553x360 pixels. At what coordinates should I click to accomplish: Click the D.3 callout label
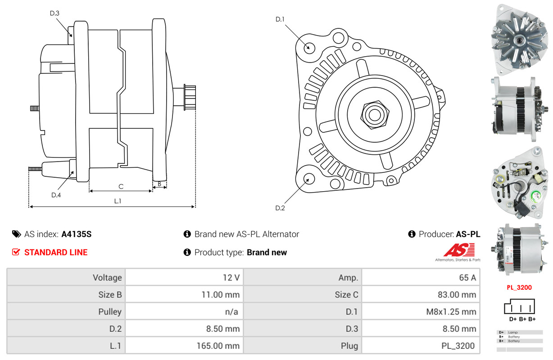tap(54, 13)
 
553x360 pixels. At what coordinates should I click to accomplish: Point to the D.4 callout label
tap(56, 195)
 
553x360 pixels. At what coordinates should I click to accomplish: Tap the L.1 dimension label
tap(118, 201)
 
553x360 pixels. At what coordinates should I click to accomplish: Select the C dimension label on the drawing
tap(121, 187)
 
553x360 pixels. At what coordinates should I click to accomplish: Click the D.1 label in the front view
tap(280, 19)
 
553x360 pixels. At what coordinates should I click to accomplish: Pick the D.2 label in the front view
tap(280, 208)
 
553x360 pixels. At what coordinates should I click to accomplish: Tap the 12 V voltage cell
tap(231, 278)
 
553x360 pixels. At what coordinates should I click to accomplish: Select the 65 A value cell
tap(467, 278)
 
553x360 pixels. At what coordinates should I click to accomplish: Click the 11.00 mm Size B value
tap(221, 295)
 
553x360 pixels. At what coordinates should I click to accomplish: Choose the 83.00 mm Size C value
tap(457, 295)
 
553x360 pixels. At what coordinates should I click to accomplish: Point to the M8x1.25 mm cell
tap(451, 312)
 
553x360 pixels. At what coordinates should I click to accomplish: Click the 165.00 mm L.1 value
tap(218, 346)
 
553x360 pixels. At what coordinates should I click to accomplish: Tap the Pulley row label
tap(110, 312)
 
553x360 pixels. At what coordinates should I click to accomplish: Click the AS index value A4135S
tap(76, 234)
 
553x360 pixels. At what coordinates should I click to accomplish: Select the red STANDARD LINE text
tap(56, 252)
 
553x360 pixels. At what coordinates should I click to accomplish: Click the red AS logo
tap(459, 250)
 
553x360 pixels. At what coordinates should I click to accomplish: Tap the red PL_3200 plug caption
tap(519, 288)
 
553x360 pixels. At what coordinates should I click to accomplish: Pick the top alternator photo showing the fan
tap(519, 40)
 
